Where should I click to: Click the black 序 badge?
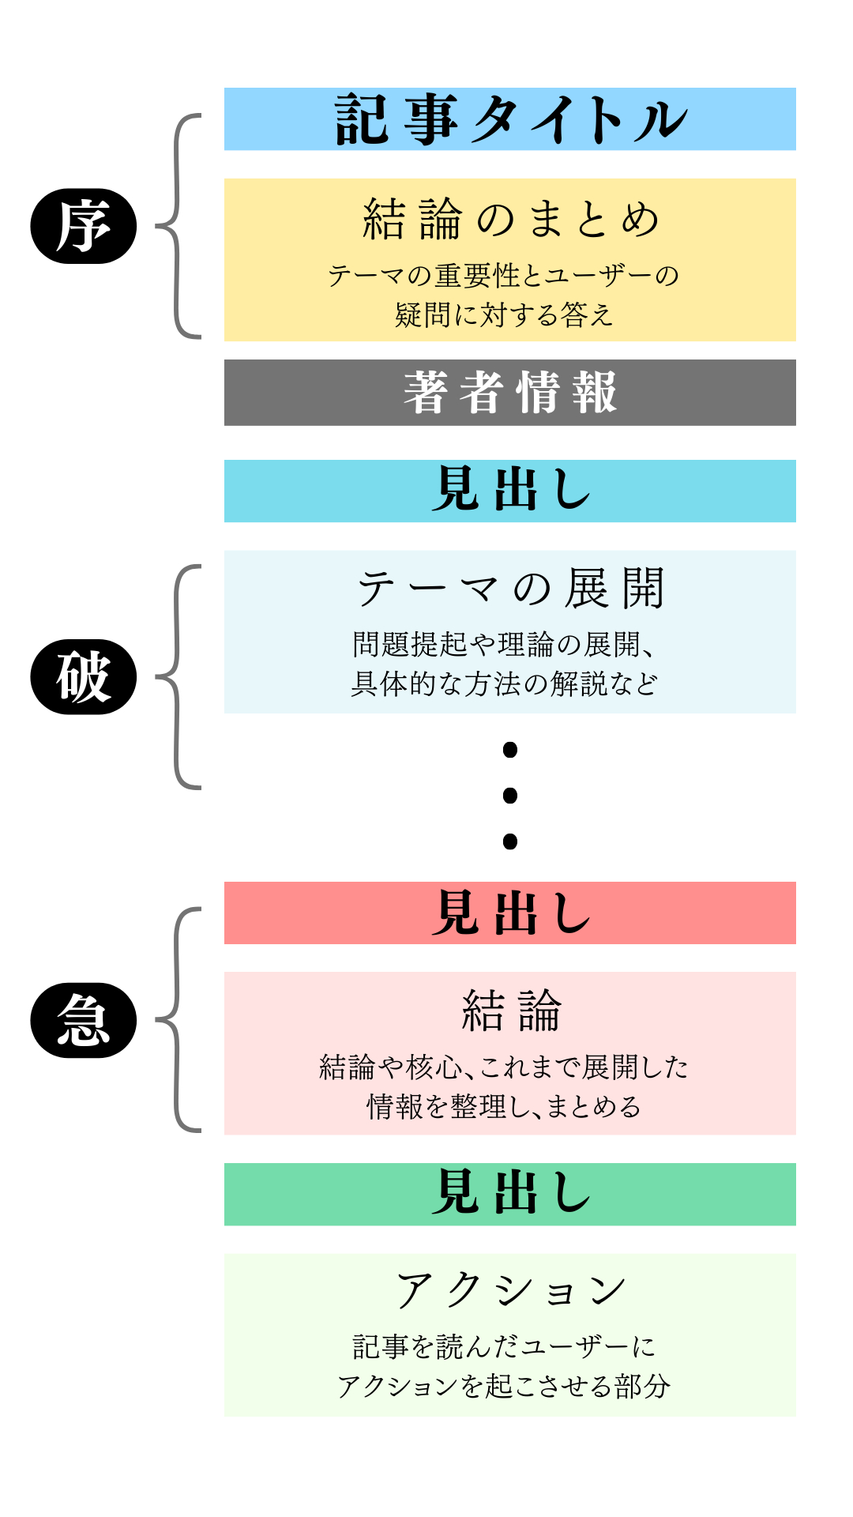click(83, 226)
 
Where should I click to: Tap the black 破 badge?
click(83, 677)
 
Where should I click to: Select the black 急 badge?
click(83, 1020)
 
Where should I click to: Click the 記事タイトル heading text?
click(510, 120)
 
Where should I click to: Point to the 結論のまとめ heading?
click(510, 219)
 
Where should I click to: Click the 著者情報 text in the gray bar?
click(510, 393)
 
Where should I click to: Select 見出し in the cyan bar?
click(510, 490)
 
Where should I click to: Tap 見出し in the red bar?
click(510, 913)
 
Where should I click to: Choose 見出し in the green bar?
click(510, 1194)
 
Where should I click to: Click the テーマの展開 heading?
click(510, 589)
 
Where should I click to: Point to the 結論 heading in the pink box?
click(510, 1011)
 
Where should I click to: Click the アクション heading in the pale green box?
click(510, 1290)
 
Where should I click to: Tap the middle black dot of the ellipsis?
click(510, 795)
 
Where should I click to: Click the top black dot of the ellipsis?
click(510, 749)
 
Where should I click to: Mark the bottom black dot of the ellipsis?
click(510, 841)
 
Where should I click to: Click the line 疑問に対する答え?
click(504, 315)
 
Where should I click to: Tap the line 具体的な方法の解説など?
click(504, 684)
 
